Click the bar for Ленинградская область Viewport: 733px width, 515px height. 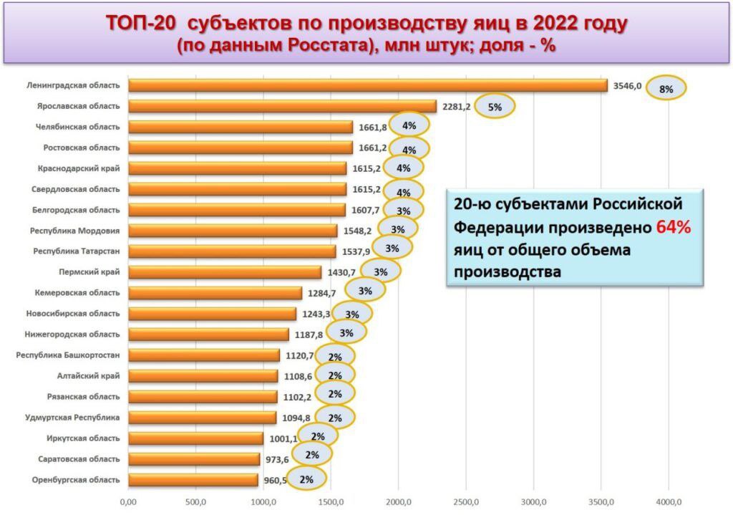[x=368, y=85]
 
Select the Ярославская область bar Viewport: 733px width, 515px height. [x=282, y=106]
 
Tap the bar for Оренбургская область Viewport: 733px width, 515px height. [x=193, y=480]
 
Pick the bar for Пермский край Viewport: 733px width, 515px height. [x=225, y=272]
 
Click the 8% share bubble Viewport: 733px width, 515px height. [x=666, y=89]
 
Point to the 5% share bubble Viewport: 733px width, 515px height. [x=495, y=107]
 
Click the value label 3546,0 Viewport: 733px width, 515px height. [x=627, y=85]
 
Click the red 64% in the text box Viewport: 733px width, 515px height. [x=673, y=228]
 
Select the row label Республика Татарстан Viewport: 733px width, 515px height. [x=76, y=251]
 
